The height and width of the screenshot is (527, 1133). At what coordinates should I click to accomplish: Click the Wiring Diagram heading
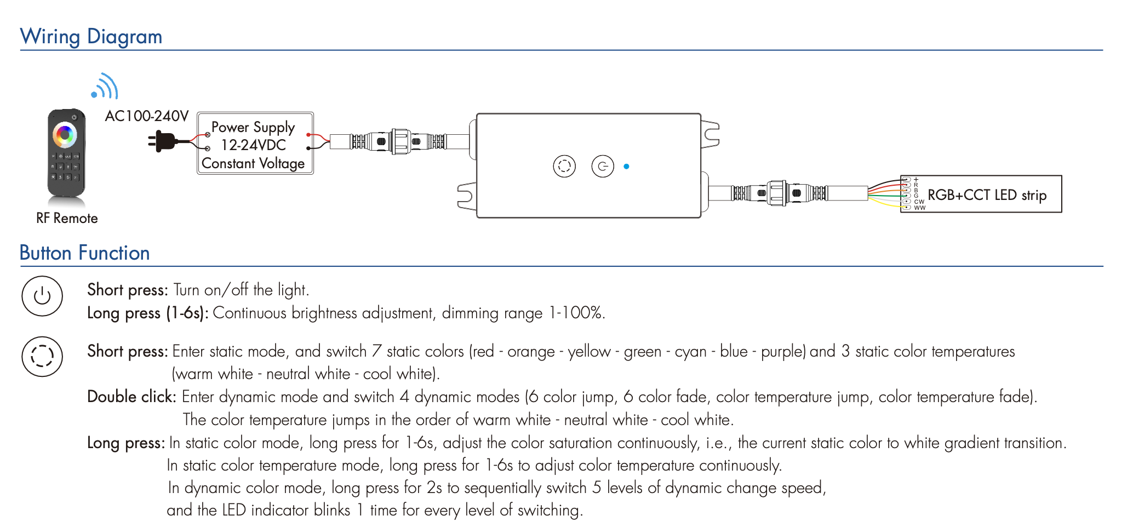pos(91,37)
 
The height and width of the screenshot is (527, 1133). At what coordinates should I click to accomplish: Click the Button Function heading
pos(84,253)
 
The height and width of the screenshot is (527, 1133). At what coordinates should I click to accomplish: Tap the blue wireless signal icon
pos(105,86)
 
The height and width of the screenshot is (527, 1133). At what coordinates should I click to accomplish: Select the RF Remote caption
pos(67,218)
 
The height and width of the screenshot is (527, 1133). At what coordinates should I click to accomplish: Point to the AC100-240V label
pos(146,116)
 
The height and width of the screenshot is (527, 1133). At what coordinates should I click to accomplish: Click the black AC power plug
pos(163,141)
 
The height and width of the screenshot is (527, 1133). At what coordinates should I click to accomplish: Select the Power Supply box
pos(255,144)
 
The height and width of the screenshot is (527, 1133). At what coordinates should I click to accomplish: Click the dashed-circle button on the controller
pos(564,166)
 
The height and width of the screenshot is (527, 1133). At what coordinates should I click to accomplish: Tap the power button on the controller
pos(603,166)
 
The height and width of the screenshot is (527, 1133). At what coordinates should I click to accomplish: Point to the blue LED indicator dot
pos(626,166)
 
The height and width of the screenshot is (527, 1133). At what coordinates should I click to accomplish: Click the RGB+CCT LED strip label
pos(987,195)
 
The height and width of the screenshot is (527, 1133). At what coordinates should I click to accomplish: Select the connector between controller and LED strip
pos(778,193)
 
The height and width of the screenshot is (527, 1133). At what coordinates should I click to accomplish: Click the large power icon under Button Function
pos(42,296)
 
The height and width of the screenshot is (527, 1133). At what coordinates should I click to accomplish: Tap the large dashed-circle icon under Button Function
pos(42,356)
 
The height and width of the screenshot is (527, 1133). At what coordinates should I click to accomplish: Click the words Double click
pos(131,397)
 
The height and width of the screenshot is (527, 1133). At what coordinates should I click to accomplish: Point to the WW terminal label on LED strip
pos(919,208)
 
